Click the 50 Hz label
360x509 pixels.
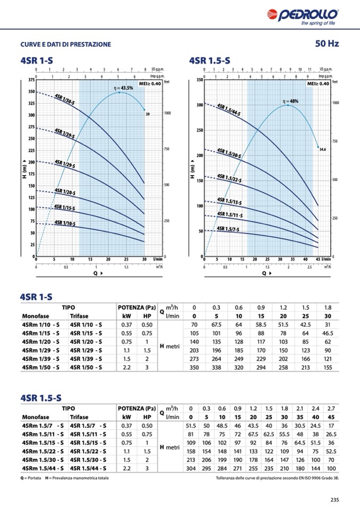(x=327, y=44)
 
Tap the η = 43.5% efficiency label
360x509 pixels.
(x=124, y=88)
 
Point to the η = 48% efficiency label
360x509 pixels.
(x=290, y=101)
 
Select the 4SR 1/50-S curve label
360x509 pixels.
(x=65, y=99)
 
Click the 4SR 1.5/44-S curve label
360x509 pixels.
(x=229, y=110)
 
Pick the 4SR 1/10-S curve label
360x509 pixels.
(x=65, y=223)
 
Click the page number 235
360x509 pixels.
(x=334, y=499)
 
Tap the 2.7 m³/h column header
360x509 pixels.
(x=331, y=408)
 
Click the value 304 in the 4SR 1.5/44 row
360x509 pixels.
(x=191, y=468)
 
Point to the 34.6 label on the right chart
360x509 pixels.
(x=322, y=150)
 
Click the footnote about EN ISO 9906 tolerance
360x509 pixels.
(x=277, y=479)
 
